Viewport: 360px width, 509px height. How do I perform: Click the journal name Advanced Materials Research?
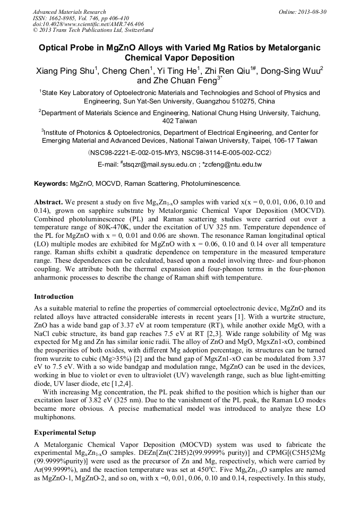pos(69,12)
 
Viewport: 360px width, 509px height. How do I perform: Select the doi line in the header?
pos(88,24)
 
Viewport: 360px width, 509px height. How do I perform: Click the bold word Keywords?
pos(51,184)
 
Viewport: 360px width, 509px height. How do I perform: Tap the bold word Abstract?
pos(49,203)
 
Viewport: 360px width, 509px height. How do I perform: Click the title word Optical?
pos(58,48)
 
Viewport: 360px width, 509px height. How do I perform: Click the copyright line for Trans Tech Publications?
pos(93,30)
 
